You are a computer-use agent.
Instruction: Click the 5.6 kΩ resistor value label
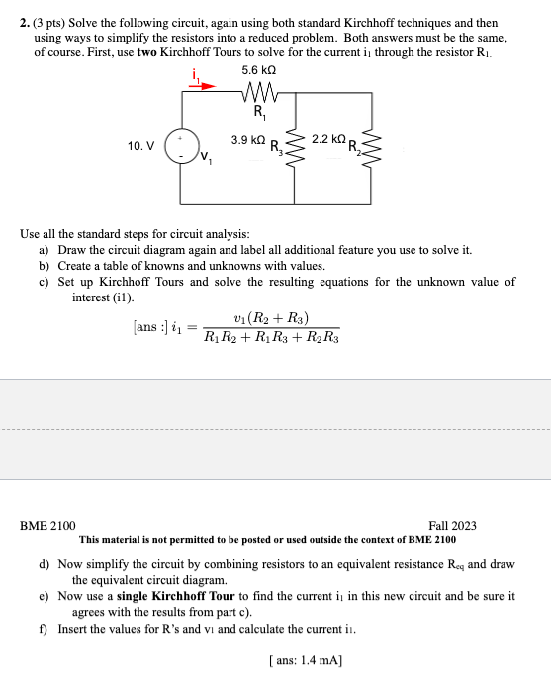[x=258, y=71]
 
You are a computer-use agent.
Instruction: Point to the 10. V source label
[x=140, y=146]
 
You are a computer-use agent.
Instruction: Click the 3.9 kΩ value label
[x=247, y=141]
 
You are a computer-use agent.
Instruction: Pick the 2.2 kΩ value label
[x=327, y=141]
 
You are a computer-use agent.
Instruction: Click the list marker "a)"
[x=45, y=251]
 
